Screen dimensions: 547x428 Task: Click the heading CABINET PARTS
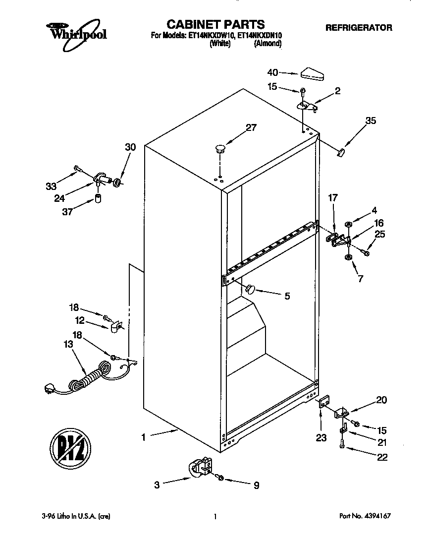tap(215, 24)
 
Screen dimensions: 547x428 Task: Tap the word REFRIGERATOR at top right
tap(358, 28)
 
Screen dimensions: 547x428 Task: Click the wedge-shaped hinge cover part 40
tap(311, 74)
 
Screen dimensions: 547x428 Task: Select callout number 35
tap(371, 121)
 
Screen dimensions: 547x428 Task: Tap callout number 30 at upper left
tap(130, 147)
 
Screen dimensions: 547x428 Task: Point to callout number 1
tap(143, 437)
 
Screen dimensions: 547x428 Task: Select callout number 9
tap(256, 486)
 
